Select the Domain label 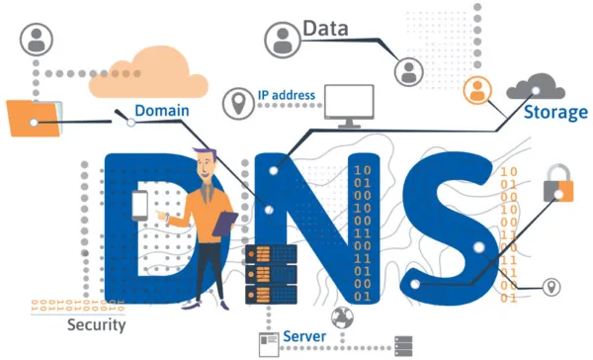(x=162, y=111)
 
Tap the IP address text (x=287, y=96)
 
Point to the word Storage (x=554, y=112)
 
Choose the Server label (x=305, y=337)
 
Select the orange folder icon (x=33, y=119)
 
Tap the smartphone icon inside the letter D (x=139, y=205)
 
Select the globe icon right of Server (x=344, y=317)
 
